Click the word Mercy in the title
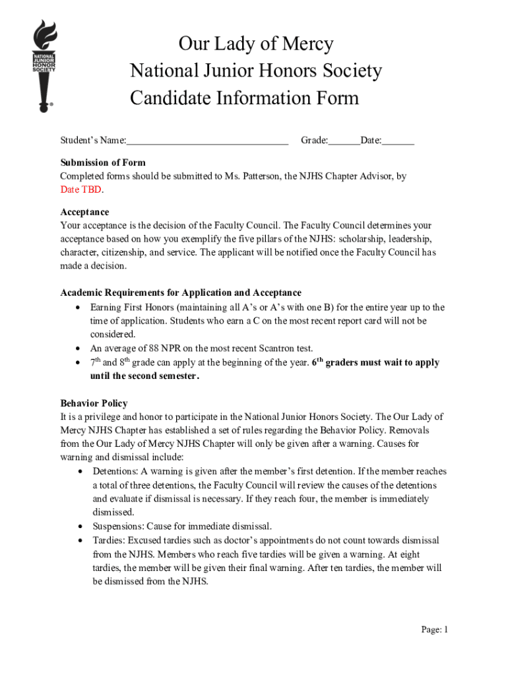[x=307, y=44]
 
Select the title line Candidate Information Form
[x=244, y=98]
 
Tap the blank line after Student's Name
[x=207, y=141]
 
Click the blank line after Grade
[x=344, y=141]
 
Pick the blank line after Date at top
[x=398, y=141]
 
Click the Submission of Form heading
[x=103, y=162]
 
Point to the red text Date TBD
[x=81, y=189]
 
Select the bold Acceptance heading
[x=84, y=212]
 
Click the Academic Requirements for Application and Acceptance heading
[x=181, y=292]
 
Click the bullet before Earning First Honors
[x=79, y=308]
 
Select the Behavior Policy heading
[x=94, y=403]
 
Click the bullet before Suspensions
[x=79, y=527]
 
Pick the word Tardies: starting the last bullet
[x=108, y=540]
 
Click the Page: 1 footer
[x=434, y=629]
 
